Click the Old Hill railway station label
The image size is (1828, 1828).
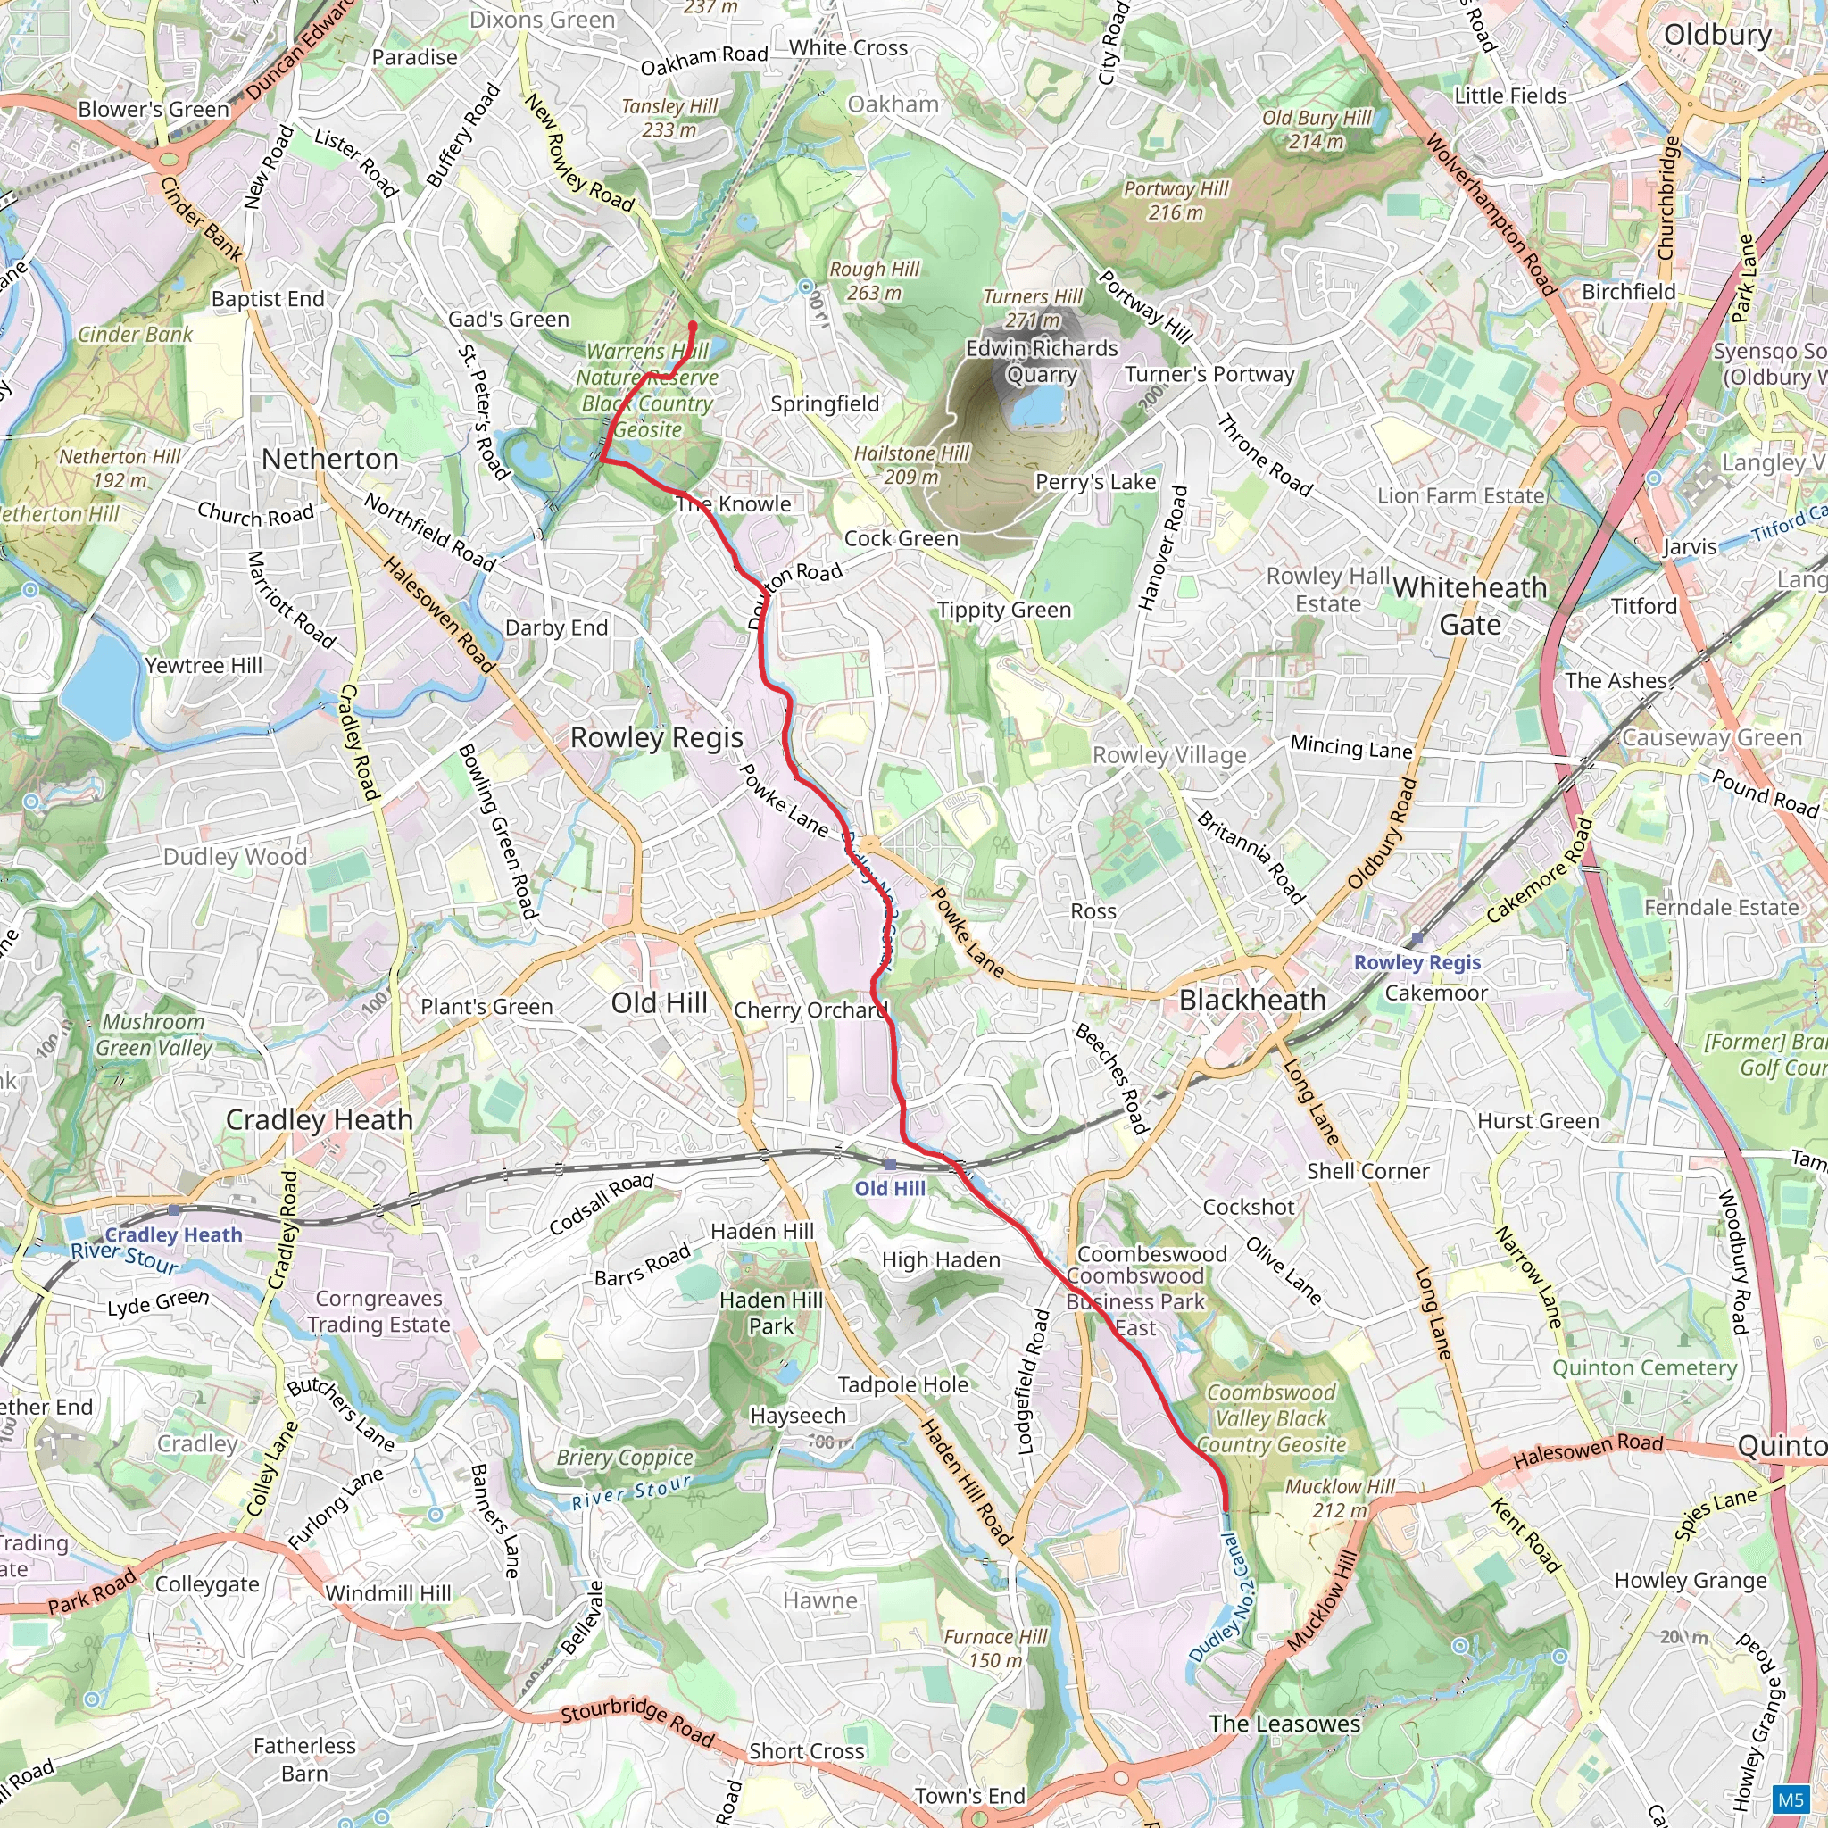(889, 1188)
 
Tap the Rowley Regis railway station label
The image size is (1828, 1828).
(1417, 962)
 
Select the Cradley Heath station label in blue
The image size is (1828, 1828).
(173, 1234)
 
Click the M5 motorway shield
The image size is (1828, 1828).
(1791, 1799)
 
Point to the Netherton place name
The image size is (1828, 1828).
(330, 459)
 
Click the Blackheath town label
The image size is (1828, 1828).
(1251, 1000)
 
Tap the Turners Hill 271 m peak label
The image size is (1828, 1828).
(1033, 309)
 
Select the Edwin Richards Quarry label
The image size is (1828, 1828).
(1042, 361)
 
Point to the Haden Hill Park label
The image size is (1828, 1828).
(771, 1312)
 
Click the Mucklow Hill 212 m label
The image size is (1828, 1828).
(1339, 1498)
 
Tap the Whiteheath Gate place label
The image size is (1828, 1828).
(1469, 605)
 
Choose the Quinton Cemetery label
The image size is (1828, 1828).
(1644, 1367)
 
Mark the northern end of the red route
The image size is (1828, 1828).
(693, 327)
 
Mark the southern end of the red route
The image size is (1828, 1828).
(1226, 1508)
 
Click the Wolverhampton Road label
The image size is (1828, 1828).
(1491, 215)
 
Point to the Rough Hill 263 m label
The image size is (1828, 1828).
(874, 281)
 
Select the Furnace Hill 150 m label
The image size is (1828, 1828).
(995, 1649)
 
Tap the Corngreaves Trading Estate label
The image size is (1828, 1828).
(378, 1311)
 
